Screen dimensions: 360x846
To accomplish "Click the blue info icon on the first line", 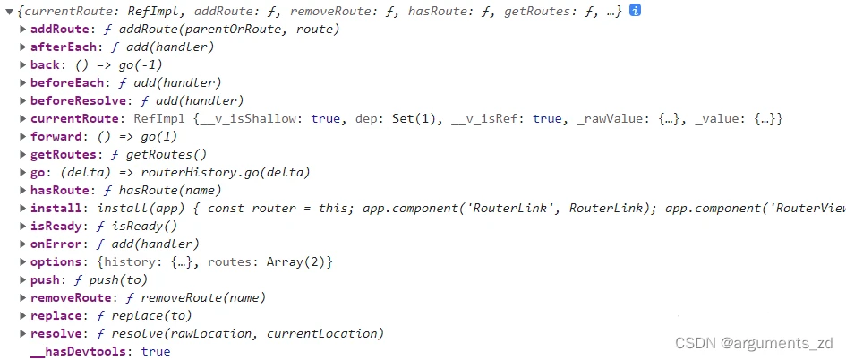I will click(x=635, y=11).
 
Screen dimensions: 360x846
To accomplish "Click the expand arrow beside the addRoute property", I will click(x=22, y=29).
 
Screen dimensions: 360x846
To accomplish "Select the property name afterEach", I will click(x=61, y=47).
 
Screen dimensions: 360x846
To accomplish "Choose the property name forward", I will click(x=55, y=136).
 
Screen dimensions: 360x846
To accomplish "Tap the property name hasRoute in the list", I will click(x=58, y=190).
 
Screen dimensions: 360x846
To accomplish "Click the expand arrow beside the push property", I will click(x=22, y=279).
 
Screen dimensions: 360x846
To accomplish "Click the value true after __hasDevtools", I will click(x=155, y=351).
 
